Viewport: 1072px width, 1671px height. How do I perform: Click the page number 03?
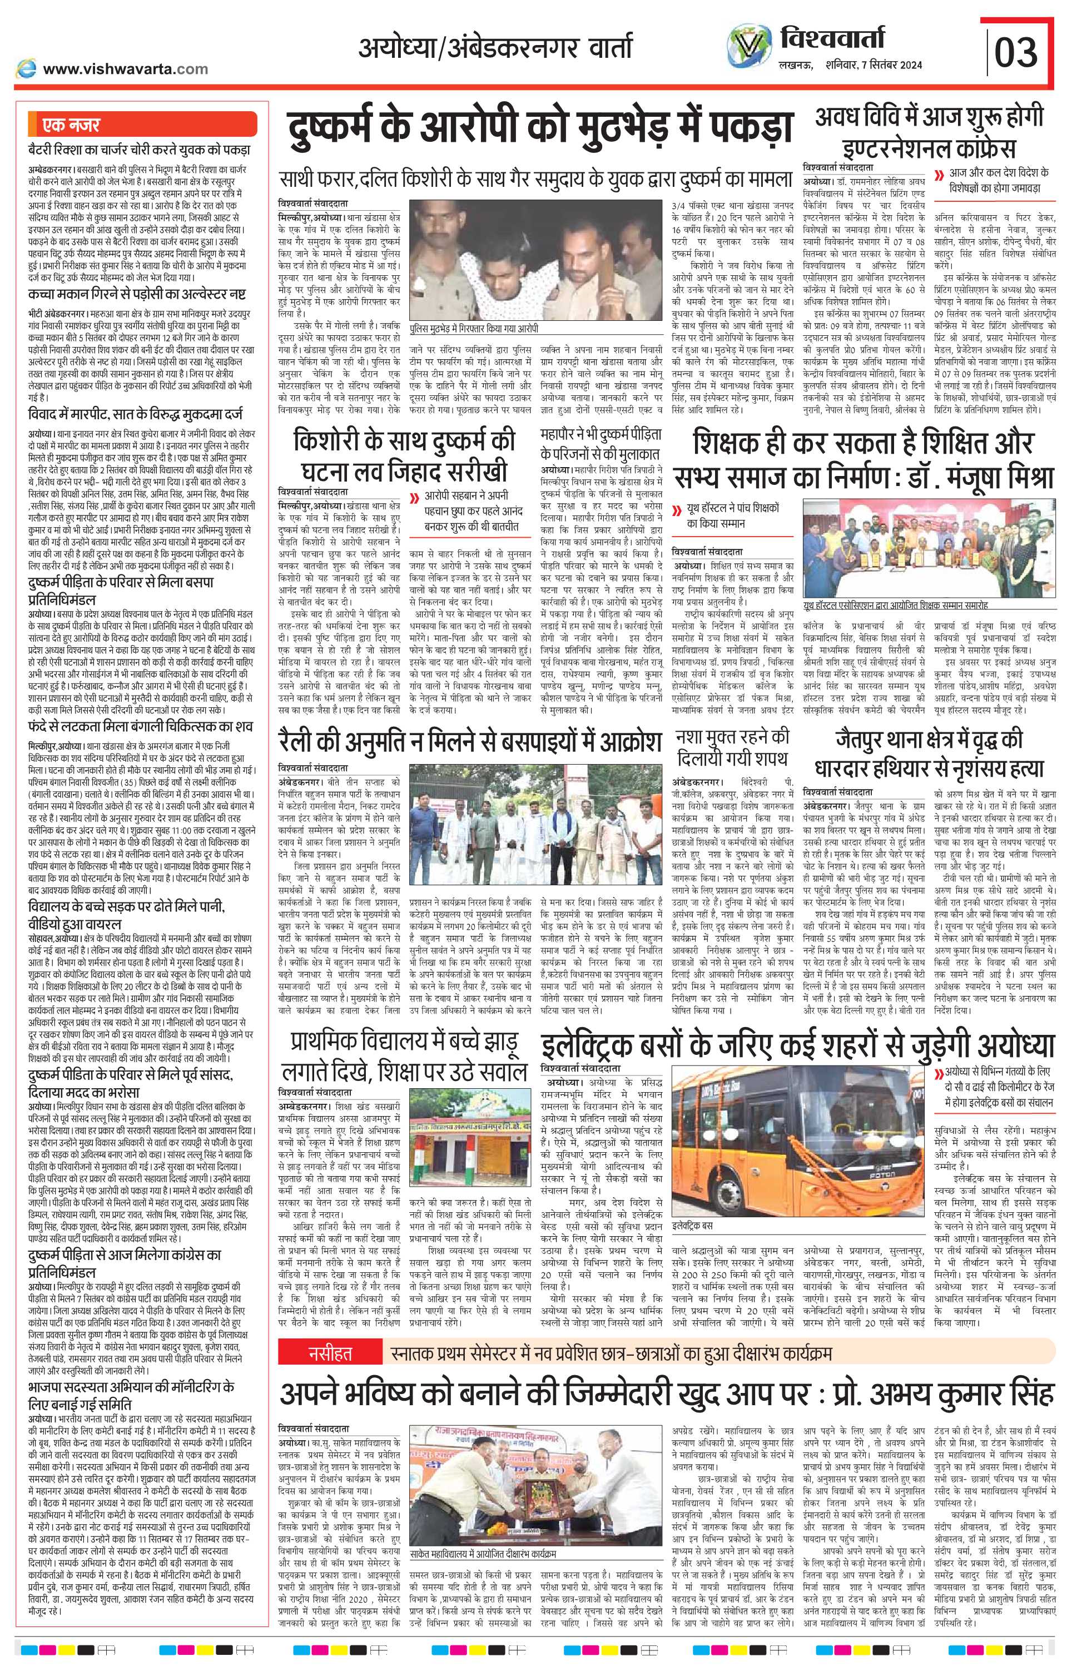coord(1016,50)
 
